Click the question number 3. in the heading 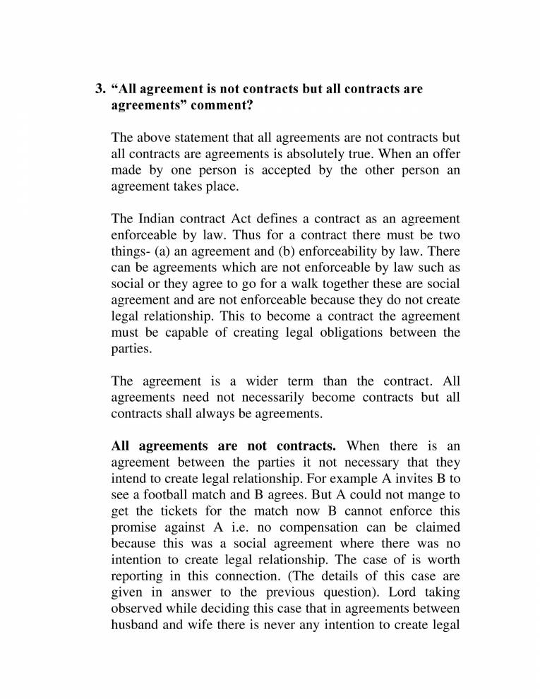tap(100, 90)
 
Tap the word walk tap(303, 285)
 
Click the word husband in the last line tap(135, 626)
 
